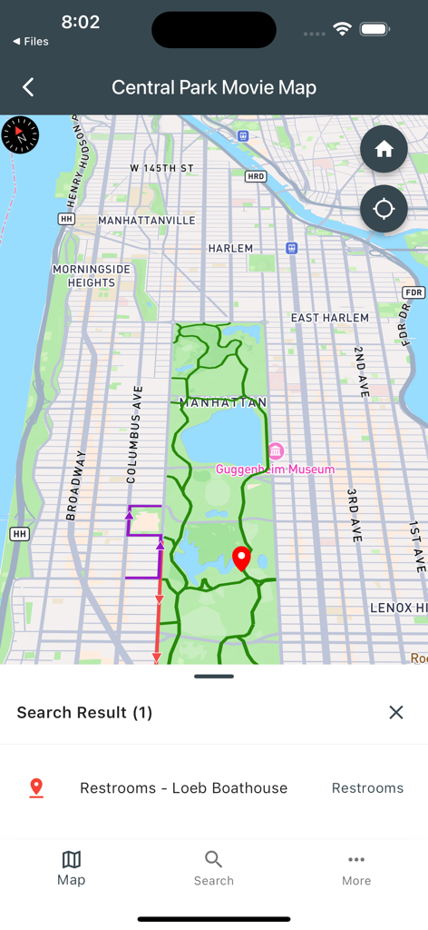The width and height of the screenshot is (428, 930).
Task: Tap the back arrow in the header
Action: click(x=28, y=87)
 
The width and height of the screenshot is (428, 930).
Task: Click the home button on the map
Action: click(x=384, y=149)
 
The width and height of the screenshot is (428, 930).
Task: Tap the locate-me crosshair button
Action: click(x=384, y=209)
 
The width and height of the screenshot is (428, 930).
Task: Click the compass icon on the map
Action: click(x=20, y=135)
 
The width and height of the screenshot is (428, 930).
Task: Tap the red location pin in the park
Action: click(x=241, y=559)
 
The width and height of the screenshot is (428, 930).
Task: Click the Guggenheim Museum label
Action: click(x=275, y=470)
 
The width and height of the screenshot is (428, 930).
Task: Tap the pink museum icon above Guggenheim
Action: click(x=276, y=451)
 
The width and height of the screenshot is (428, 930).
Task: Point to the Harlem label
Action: click(x=230, y=248)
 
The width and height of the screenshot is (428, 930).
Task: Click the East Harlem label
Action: click(x=329, y=318)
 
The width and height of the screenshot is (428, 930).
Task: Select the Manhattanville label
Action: click(x=146, y=221)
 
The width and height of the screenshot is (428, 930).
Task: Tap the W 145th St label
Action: click(x=162, y=169)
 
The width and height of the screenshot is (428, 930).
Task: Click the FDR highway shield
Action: click(x=413, y=292)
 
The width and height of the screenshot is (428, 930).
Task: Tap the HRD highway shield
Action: click(x=256, y=177)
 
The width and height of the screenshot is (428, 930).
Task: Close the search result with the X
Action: click(x=396, y=712)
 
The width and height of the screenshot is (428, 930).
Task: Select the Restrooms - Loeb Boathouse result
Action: click(x=183, y=788)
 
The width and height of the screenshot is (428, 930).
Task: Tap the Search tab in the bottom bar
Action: click(x=214, y=868)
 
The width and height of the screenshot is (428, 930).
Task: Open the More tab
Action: click(x=356, y=868)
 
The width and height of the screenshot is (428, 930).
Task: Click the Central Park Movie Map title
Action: click(x=214, y=87)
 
